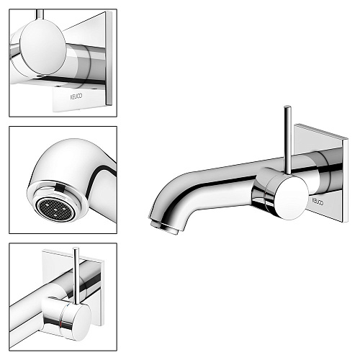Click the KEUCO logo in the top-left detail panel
click(x=76, y=96)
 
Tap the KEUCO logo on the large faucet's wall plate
click(x=318, y=201)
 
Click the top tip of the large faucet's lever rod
click(x=287, y=107)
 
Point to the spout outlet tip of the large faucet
click(x=164, y=228)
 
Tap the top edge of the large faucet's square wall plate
click(x=321, y=132)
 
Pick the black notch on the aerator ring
click(x=60, y=188)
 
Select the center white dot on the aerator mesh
click(x=55, y=209)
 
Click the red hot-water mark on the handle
click(x=63, y=325)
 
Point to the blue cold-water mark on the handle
click(x=68, y=305)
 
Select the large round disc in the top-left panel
click(x=42, y=47)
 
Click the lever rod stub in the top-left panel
click(x=40, y=15)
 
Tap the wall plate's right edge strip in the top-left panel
click(x=109, y=58)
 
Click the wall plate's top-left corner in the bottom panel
click(x=42, y=251)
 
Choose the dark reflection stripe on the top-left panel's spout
click(x=72, y=80)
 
